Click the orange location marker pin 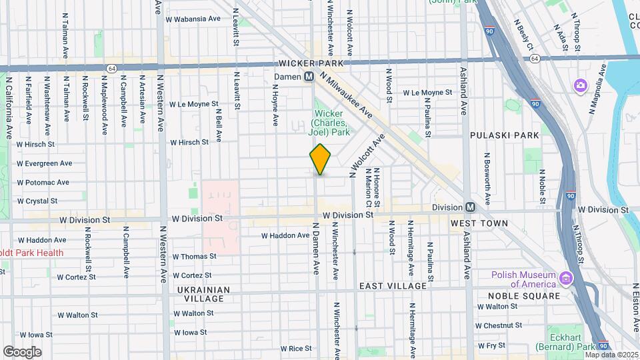321,159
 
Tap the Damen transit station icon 309,77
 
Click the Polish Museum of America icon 567,277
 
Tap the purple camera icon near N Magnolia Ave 580,85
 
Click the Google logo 22,352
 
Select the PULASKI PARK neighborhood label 504,135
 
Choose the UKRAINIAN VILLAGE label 204,294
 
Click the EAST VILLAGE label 393,286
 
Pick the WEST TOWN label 479,223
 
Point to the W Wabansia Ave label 195,19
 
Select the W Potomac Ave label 44,182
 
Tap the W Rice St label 296,349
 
